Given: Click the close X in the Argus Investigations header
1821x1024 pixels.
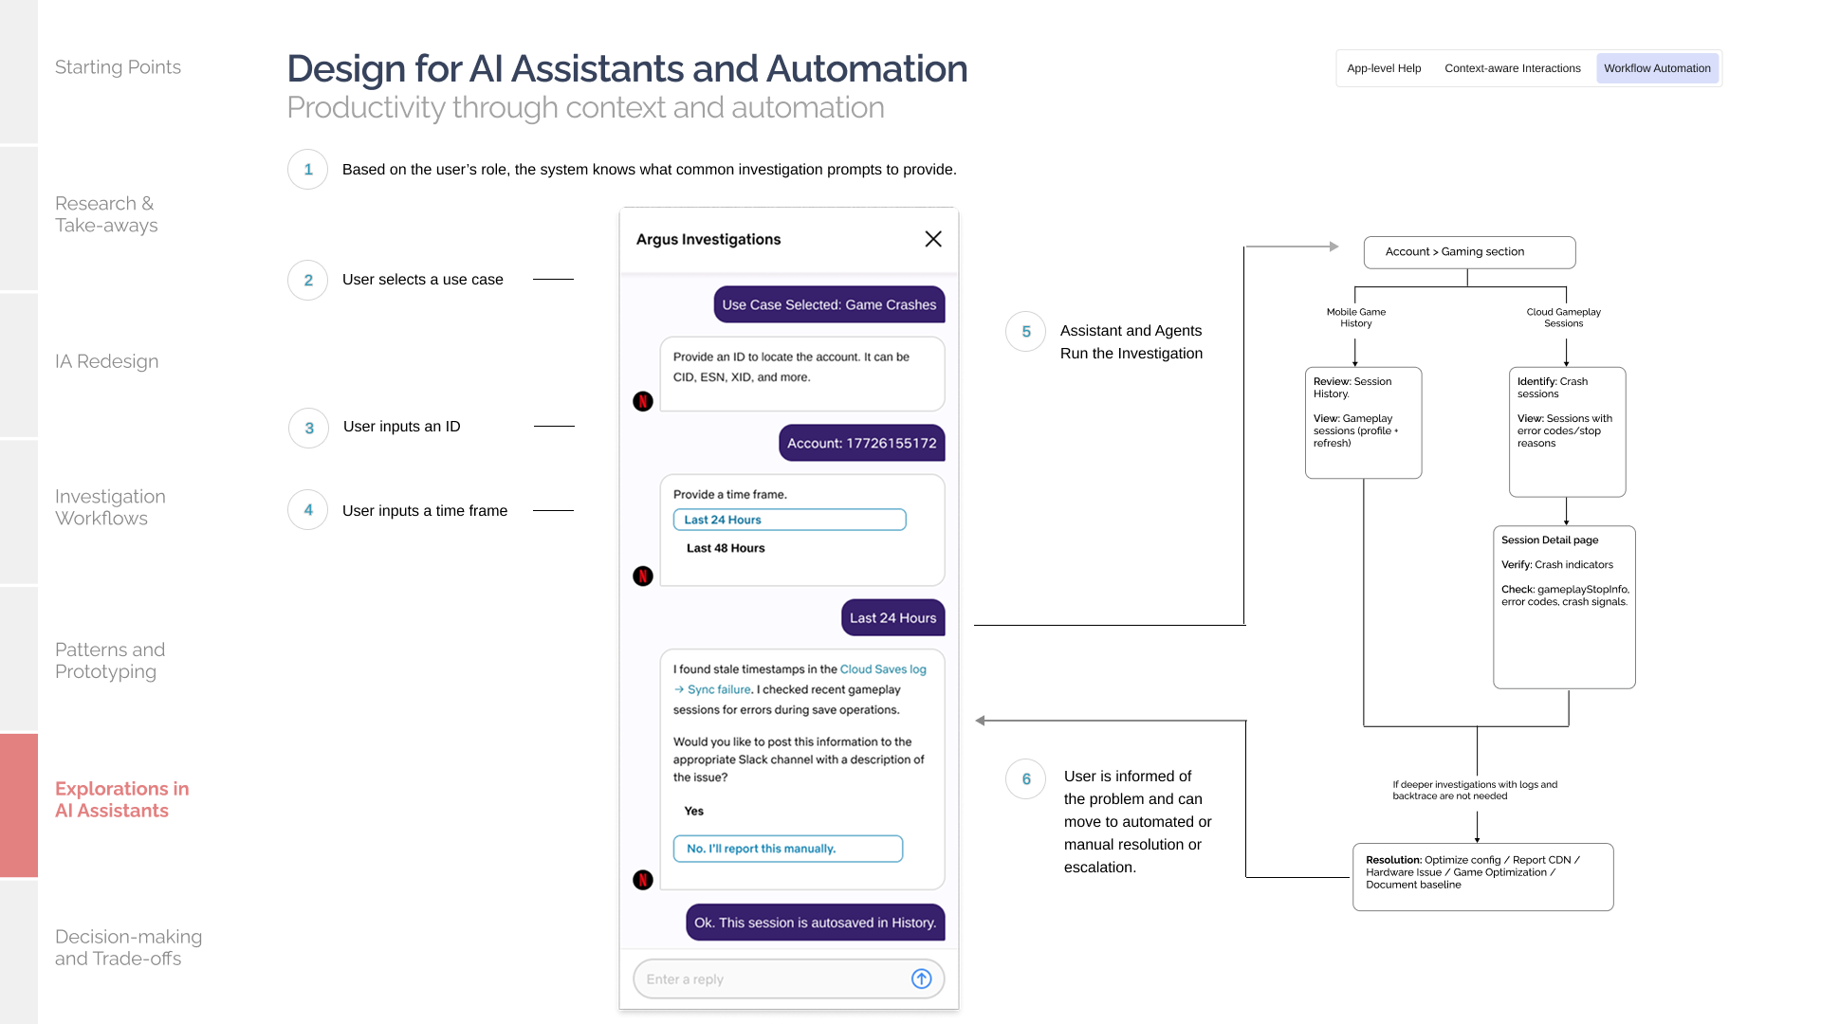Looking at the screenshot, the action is pyautogui.click(x=933, y=239).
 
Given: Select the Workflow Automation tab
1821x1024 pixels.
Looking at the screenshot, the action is pyautogui.click(x=1657, y=68).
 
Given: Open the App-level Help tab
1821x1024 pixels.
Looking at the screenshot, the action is pyautogui.click(x=1384, y=68).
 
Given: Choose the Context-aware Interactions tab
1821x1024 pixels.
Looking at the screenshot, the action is pyautogui.click(x=1513, y=68).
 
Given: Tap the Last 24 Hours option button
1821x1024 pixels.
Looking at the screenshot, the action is pyautogui.click(x=789, y=520).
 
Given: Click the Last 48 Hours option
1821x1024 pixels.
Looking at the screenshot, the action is pyautogui.click(x=726, y=548).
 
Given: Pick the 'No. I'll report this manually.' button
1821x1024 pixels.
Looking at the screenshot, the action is pyautogui.click(x=787, y=849).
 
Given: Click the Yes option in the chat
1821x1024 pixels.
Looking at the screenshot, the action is pyautogui.click(x=694, y=811).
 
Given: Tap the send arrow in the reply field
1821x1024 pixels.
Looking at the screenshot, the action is pyautogui.click(x=921, y=978).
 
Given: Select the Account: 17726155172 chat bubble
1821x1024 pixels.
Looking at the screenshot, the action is pyautogui.click(x=861, y=443).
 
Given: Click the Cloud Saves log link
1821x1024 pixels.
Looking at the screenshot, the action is pyautogui.click(x=883, y=669).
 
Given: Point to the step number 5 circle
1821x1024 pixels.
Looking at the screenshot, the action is pyautogui.click(x=1026, y=332).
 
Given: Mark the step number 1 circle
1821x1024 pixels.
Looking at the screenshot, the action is pyautogui.click(x=308, y=170).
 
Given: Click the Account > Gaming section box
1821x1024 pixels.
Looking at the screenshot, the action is pyautogui.click(x=1469, y=252).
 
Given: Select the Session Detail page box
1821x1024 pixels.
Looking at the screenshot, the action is pyautogui.click(x=1564, y=607).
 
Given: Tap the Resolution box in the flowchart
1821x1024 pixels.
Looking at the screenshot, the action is pyautogui.click(x=1482, y=877).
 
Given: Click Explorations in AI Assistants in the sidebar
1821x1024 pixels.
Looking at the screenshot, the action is pyautogui.click(x=122, y=799).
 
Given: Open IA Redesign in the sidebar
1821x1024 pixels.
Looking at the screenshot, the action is pyautogui.click(x=107, y=361).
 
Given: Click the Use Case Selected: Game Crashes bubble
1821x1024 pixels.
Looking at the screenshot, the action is pyautogui.click(x=829, y=304).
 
